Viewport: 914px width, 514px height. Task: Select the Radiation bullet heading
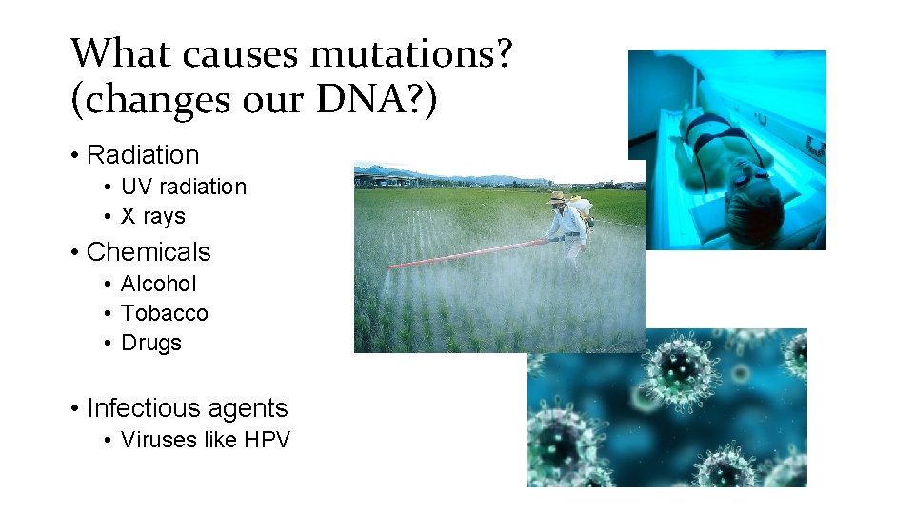tap(143, 154)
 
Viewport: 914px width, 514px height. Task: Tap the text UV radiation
tap(184, 187)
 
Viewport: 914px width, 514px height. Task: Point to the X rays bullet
tap(153, 216)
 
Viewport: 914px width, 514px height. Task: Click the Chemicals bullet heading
tap(149, 251)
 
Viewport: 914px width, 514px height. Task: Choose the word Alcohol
tap(159, 284)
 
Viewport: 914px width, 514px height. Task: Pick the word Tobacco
tap(165, 313)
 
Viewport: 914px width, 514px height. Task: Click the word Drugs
tap(151, 343)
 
